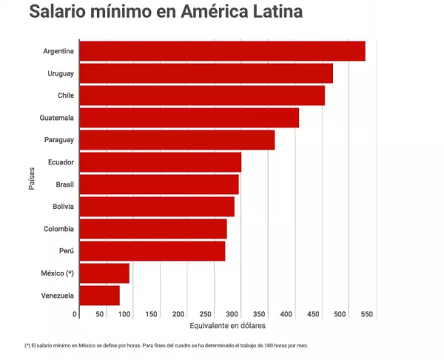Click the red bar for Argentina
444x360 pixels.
(x=222, y=51)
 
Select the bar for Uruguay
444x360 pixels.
(x=206, y=73)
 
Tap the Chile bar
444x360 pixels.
(x=201, y=96)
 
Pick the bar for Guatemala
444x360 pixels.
(x=189, y=118)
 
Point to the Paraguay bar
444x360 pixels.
(x=177, y=140)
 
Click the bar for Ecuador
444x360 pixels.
(x=160, y=162)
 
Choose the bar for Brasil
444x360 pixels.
(x=158, y=184)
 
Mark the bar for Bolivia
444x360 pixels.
(x=156, y=207)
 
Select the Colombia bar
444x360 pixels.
(x=152, y=229)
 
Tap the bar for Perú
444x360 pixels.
(x=152, y=251)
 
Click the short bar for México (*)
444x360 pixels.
(x=104, y=273)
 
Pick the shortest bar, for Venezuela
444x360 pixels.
(x=99, y=296)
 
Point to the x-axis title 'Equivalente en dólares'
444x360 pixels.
(x=227, y=326)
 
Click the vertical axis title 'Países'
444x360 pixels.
(x=33, y=179)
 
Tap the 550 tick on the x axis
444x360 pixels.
(x=365, y=314)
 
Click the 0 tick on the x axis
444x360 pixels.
(x=75, y=314)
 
